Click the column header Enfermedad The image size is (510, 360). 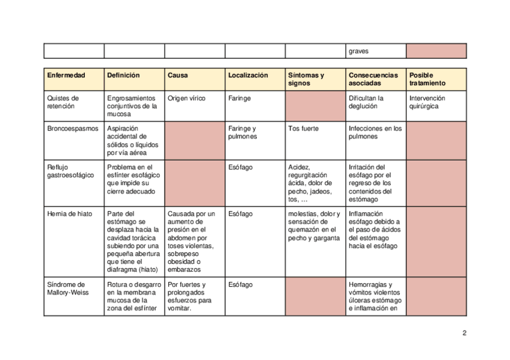tap(66, 76)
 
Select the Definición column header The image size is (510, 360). tap(123, 76)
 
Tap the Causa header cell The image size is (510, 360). tap(177, 76)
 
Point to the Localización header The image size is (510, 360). tap(248, 76)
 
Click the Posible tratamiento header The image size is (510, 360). tap(428, 79)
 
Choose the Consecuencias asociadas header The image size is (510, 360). tap(373, 79)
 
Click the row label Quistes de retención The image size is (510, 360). tap(63, 102)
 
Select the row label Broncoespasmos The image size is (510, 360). tap(72, 129)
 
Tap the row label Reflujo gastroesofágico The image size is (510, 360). tap(70, 171)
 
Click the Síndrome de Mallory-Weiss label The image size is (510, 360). tap(66, 289)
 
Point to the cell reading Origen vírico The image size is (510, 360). tap(186, 98)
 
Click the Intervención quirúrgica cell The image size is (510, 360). tap(427, 102)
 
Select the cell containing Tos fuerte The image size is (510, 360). tap(304, 129)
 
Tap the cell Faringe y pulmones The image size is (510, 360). tap(242, 133)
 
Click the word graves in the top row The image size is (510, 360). tap(358, 52)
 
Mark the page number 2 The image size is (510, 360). tap(464, 334)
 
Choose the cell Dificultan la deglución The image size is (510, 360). tap(366, 102)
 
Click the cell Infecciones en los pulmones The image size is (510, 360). tap(375, 133)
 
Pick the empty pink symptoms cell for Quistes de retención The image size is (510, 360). tap(315, 106)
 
